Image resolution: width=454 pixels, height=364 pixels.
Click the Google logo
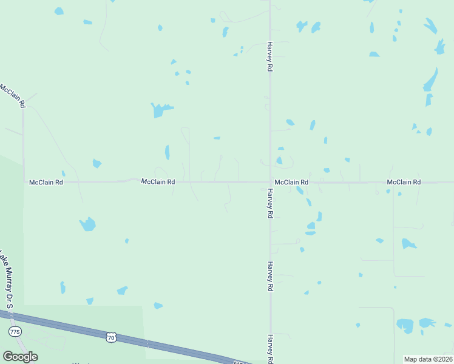(x=20, y=357)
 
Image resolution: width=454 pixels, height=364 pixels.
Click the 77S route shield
(x=15, y=332)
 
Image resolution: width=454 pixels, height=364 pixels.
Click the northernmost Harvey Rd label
(x=269, y=57)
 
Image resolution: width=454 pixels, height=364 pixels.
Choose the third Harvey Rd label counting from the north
(x=269, y=277)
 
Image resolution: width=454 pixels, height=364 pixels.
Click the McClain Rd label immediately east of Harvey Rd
(x=291, y=182)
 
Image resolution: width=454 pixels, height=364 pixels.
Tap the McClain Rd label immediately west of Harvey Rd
(x=158, y=181)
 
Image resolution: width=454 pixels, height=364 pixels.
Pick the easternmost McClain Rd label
(x=404, y=182)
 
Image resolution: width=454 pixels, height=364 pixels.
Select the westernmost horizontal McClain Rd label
(x=46, y=182)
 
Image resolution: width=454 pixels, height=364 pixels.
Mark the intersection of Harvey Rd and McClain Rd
(x=270, y=181)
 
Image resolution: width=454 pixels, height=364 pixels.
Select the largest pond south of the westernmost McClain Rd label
(x=88, y=224)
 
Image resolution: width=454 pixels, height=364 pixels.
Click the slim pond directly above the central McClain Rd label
(x=168, y=152)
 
